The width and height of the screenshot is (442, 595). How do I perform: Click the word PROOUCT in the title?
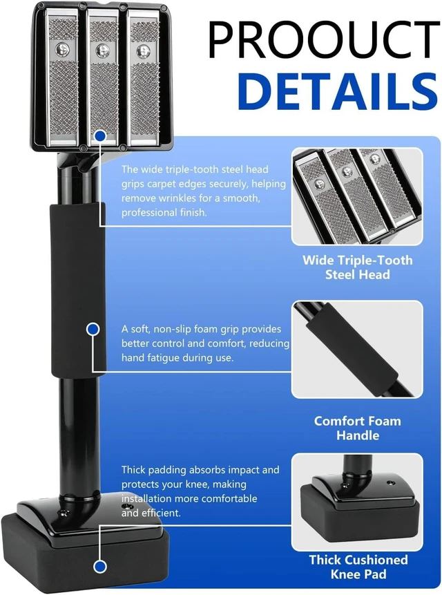click(323, 39)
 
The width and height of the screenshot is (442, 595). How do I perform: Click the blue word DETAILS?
click(338, 91)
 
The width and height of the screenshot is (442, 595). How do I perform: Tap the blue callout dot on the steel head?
click(100, 135)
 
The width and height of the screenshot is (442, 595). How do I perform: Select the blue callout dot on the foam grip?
click(93, 329)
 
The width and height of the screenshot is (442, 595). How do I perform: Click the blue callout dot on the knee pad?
click(100, 567)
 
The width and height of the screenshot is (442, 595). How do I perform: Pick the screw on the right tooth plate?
click(143, 50)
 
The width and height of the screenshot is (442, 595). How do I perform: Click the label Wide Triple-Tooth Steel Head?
click(358, 267)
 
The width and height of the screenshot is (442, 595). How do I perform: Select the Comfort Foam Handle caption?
click(358, 428)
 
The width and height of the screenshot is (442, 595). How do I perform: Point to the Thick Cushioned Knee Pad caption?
click(358, 567)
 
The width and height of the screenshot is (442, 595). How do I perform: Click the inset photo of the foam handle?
click(357, 349)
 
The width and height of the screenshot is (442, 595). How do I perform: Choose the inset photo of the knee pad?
click(357, 502)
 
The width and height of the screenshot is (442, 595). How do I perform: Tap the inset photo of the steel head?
click(357, 196)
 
